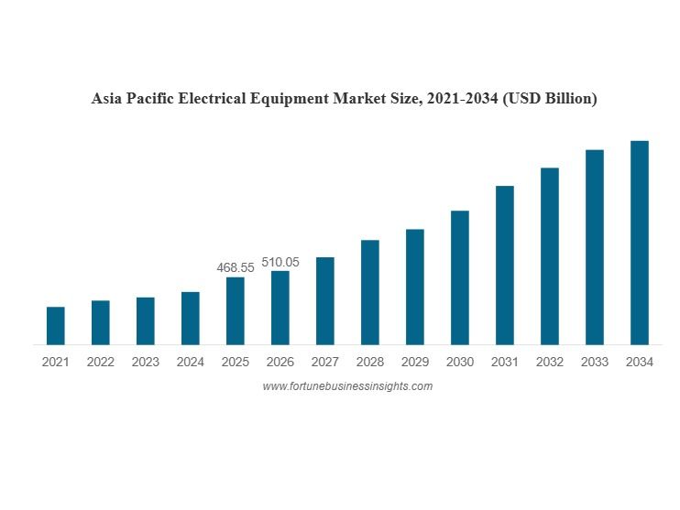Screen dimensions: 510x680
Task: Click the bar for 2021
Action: pos(56,326)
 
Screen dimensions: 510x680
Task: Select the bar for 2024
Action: pos(191,319)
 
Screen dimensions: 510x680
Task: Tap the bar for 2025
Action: pos(236,311)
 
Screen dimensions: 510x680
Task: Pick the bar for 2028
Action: pos(370,292)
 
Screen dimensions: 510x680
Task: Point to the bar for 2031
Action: pos(505,266)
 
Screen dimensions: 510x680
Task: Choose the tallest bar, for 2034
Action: pos(640,243)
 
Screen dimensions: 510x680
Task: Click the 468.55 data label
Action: pos(236,267)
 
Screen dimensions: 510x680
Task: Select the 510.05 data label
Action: pos(280,262)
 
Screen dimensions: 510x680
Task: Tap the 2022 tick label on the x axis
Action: pos(101,362)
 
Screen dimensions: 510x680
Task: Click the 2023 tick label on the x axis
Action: pos(146,362)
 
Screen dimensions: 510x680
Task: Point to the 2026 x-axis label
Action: pos(280,362)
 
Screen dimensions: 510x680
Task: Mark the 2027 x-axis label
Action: pos(325,362)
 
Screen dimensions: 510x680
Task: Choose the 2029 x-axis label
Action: pos(415,362)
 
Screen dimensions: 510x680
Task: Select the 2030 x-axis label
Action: pos(460,362)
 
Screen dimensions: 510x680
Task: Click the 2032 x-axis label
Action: pos(550,362)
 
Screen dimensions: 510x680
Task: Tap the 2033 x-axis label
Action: pos(595,362)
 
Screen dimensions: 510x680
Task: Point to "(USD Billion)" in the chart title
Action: pos(549,98)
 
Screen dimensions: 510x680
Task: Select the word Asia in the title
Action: pos(107,98)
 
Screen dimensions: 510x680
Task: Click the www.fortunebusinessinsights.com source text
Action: pos(347,386)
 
